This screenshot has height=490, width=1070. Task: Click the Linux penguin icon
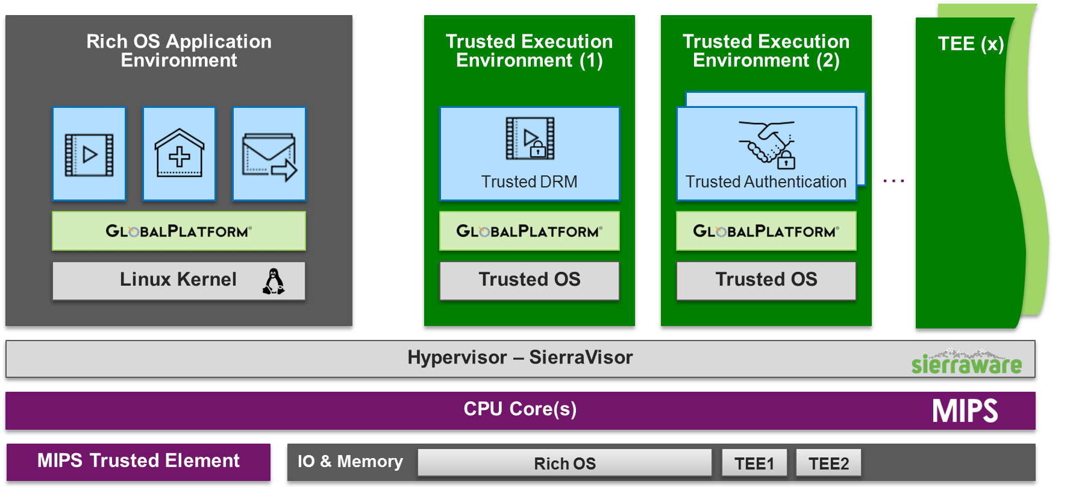point(274,281)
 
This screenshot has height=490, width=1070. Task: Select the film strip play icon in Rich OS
point(89,154)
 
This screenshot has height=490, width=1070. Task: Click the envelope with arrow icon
point(269,156)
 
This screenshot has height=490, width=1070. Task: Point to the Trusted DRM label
point(529,181)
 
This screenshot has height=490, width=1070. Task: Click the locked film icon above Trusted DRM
point(530,138)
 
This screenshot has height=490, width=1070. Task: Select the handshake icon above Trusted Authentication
point(767,144)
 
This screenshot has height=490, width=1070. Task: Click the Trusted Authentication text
point(766,181)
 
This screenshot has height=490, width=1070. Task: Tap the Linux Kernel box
point(179,280)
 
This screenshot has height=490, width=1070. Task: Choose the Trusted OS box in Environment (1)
point(530,280)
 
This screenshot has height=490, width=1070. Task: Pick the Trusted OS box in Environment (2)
point(766,280)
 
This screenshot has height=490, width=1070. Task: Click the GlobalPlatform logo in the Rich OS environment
point(179,231)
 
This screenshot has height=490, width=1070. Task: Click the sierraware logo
point(966,362)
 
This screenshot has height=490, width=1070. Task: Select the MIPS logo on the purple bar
point(965,411)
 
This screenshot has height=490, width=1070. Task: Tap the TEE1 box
point(754,463)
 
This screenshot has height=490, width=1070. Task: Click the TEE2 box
point(828,463)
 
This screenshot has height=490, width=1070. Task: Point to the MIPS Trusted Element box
point(139,462)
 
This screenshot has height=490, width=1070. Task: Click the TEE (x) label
point(971,44)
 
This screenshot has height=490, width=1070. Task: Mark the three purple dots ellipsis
point(893,180)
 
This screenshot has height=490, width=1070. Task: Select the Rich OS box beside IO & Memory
point(565,463)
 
